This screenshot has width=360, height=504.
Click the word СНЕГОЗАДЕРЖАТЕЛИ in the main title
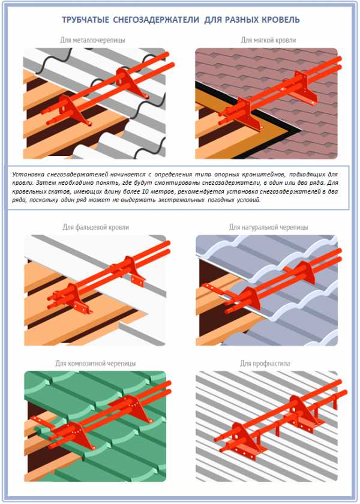pyautogui.click(x=156, y=20)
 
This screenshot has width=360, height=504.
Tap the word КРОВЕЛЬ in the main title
pyautogui.click(x=280, y=20)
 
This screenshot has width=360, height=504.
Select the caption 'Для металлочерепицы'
pyautogui.click(x=92, y=40)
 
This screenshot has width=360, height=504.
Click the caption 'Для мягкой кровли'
pyautogui.click(x=268, y=40)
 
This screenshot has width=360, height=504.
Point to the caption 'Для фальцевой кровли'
pyautogui.click(x=96, y=227)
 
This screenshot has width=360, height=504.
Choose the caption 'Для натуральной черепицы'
pyautogui.click(x=268, y=227)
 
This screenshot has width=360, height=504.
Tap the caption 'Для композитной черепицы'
pyautogui.click(x=95, y=364)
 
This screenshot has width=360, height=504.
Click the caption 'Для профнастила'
pyautogui.click(x=265, y=364)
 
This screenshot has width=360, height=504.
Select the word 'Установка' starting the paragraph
pyautogui.click(x=28, y=175)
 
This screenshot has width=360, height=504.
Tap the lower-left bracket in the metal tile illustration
pyautogui.click(x=74, y=110)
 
